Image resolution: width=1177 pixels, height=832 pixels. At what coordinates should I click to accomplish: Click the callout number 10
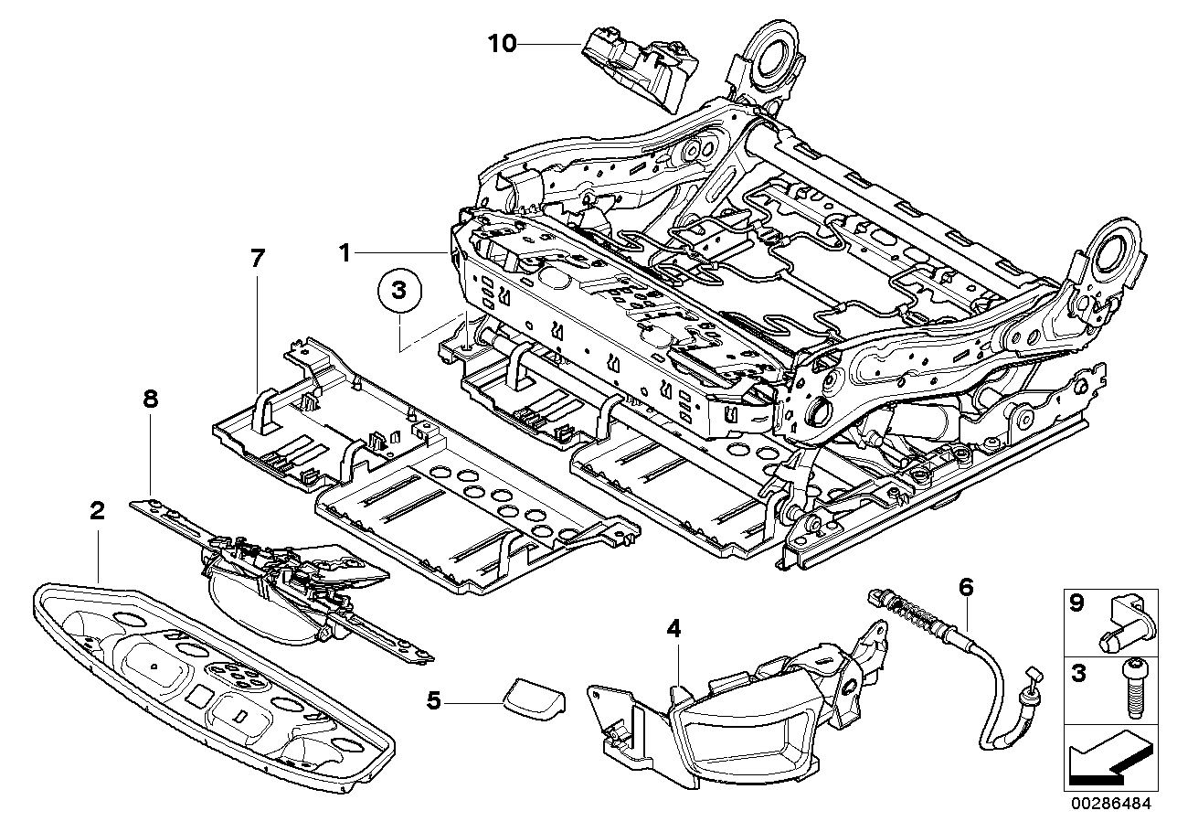502,43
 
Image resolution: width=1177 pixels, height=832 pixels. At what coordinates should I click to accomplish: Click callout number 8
151,399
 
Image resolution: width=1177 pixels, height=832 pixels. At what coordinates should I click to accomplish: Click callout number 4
673,629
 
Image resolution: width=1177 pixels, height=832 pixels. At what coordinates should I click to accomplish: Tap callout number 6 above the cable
967,586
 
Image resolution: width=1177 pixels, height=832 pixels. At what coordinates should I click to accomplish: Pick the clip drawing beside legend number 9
1127,621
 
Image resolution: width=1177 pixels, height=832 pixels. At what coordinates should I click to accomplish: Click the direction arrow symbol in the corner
1107,755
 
